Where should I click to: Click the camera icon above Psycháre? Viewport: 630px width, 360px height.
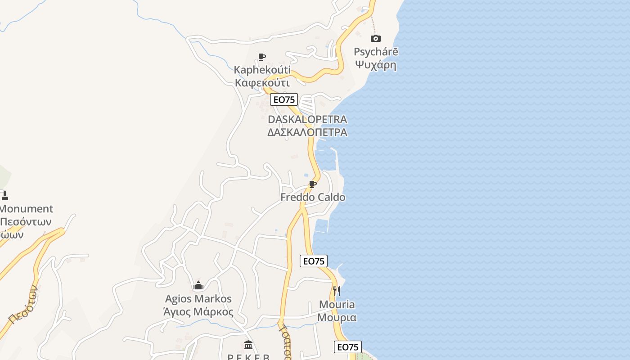coord(375,38)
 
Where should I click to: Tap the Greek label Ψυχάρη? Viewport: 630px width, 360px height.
coord(376,65)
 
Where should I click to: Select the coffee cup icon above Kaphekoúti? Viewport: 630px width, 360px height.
coord(262,57)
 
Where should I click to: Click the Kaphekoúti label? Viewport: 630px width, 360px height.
coord(262,70)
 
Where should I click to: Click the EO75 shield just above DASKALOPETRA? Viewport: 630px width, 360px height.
coord(284,99)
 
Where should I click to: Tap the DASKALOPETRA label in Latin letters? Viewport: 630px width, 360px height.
coord(307,119)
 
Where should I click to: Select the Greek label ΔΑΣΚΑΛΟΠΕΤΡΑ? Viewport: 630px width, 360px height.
coord(307,132)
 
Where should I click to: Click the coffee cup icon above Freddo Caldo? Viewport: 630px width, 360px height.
coord(313,184)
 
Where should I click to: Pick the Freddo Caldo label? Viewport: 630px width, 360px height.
coord(313,197)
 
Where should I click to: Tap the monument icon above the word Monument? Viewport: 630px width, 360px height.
coord(5,195)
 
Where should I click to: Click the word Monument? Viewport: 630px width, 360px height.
coord(26,209)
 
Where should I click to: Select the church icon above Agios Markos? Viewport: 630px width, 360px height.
coord(198,285)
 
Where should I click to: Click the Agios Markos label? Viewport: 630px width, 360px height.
coord(198,299)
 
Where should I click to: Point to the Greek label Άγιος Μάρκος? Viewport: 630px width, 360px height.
coord(198,312)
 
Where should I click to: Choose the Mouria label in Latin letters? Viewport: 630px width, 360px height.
coord(337,305)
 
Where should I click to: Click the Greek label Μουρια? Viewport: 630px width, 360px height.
coord(337,318)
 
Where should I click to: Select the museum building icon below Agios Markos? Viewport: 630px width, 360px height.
coord(248,345)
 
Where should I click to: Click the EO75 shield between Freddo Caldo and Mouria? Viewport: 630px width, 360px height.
coord(314,261)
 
